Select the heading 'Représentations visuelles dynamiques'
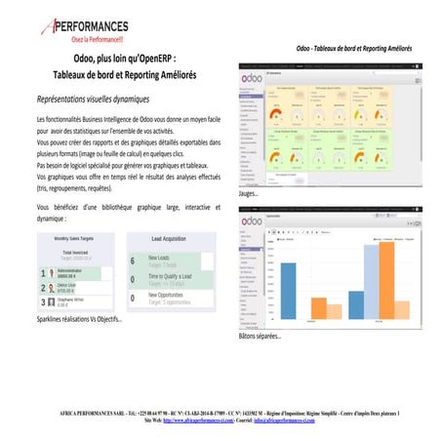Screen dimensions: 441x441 (92, 100)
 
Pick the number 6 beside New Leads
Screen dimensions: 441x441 (133, 261)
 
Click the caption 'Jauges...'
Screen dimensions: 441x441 (249, 194)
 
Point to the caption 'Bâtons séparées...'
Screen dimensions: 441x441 (260, 337)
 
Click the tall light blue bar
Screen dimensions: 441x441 (373, 282)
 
